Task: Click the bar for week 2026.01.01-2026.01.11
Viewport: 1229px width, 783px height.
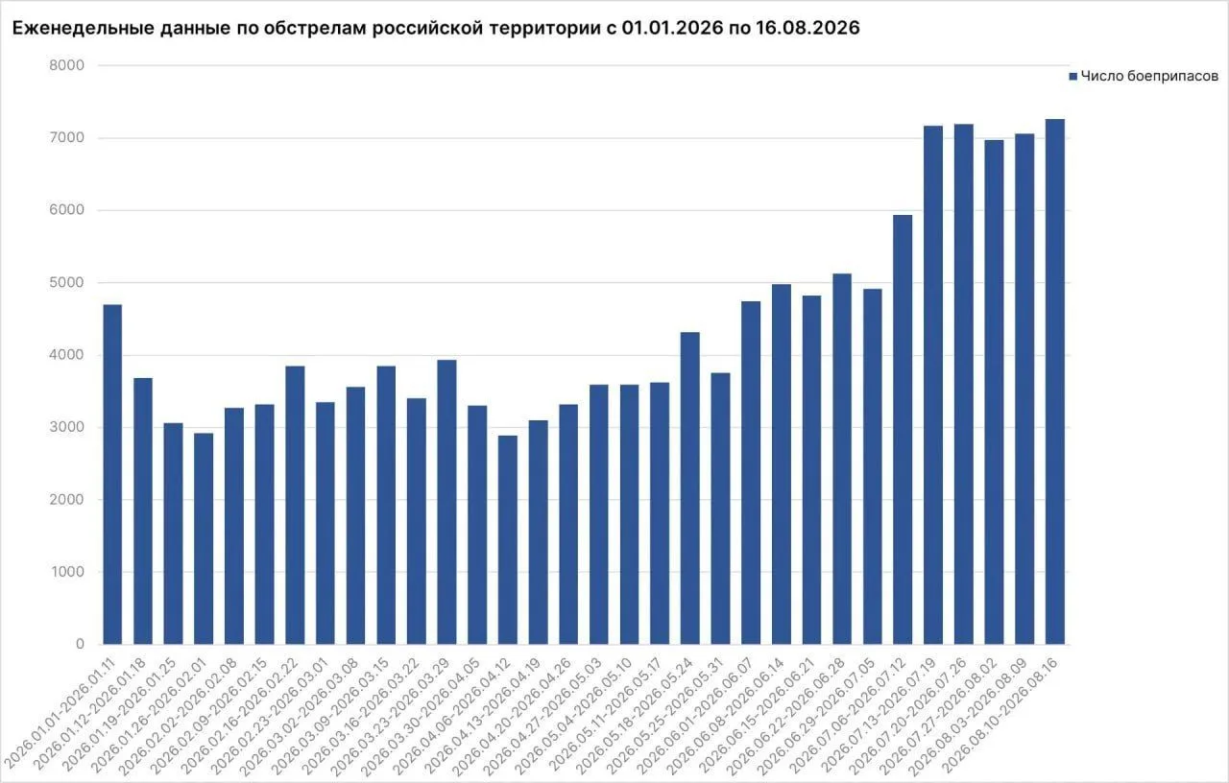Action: (x=112, y=474)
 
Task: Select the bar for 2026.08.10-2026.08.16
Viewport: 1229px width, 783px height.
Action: (x=1054, y=382)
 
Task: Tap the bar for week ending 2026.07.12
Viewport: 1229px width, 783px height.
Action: (x=903, y=429)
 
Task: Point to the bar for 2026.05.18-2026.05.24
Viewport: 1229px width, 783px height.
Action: (x=690, y=488)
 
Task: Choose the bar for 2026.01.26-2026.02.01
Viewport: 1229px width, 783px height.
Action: (x=204, y=538)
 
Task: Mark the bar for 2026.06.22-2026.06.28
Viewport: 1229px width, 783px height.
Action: (x=842, y=459)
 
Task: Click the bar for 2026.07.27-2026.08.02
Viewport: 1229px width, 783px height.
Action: (x=994, y=392)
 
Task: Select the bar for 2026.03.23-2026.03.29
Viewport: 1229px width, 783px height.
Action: (x=446, y=502)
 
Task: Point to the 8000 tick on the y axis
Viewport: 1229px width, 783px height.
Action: (x=67, y=65)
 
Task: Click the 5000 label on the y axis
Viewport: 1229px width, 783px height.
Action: (x=67, y=282)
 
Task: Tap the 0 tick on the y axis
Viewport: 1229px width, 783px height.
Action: (x=80, y=644)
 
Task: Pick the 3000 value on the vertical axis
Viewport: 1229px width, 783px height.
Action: (x=67, y=427)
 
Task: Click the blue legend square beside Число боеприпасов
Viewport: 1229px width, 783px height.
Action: (x=1073, y=77)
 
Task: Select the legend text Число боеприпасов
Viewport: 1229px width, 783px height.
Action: (x=1149, y=76)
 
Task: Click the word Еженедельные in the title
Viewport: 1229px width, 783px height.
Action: (x=84, y=28)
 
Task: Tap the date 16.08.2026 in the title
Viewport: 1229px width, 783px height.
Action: (x=807, y=28)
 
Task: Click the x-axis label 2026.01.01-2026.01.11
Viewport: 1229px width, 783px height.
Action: (x=60, y=714)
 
